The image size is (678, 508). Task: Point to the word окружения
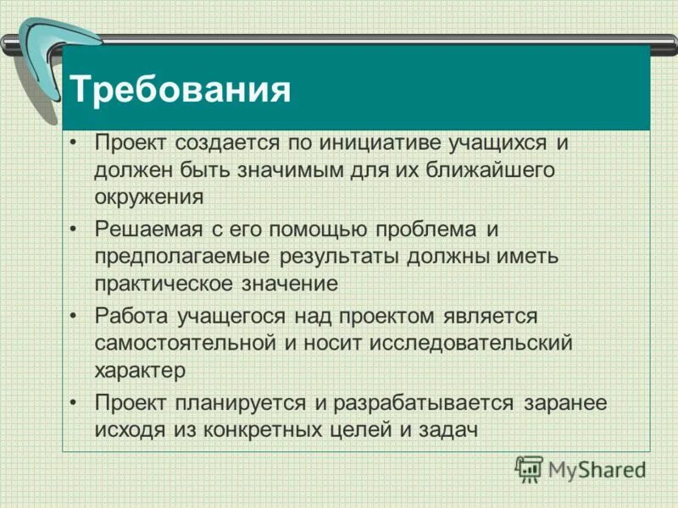[149, 197]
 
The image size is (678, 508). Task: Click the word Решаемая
[145, 228]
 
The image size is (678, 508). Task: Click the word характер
[139, 370]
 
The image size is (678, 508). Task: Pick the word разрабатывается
[423, 402]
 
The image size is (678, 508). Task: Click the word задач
[449, 429]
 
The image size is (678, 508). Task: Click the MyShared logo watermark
[581, 469]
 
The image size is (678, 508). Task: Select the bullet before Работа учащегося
[75, 316]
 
